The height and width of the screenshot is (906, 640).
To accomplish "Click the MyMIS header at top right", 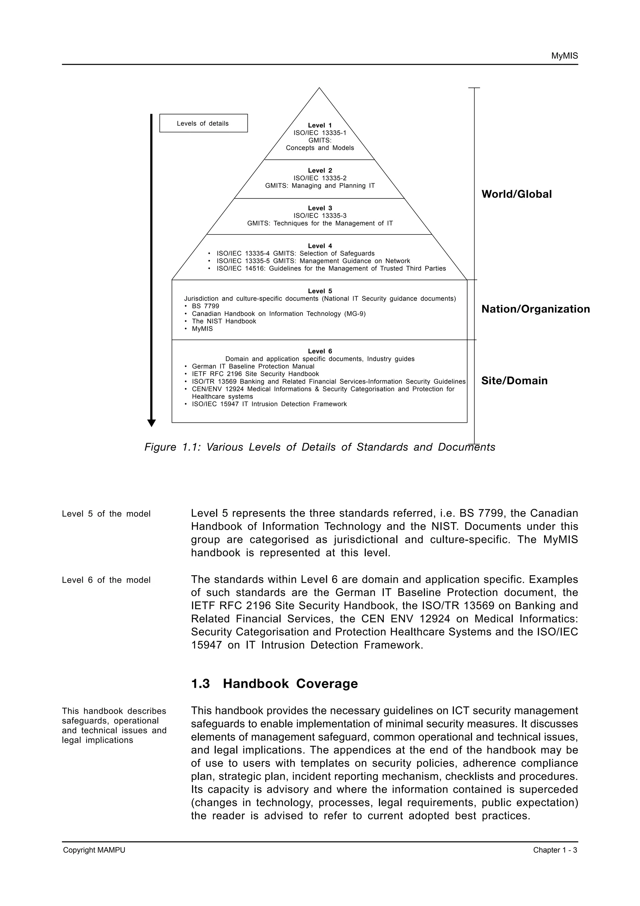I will click(564, 56).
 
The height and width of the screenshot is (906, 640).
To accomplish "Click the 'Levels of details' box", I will click(203, 123).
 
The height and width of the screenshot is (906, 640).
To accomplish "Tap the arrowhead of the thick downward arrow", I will click(152, 423).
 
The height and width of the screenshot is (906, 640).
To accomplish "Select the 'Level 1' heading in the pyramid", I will click(319, 125).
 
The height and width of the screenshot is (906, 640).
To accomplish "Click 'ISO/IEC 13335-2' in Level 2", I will click(319, 178).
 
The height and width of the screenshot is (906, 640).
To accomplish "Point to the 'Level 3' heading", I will click(319, 208).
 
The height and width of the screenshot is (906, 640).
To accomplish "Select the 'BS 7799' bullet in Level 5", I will click(205, 306).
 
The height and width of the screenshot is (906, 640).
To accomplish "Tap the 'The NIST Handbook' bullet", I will click(223, 321).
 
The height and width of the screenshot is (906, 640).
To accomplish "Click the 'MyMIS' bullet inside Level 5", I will click(202, 329).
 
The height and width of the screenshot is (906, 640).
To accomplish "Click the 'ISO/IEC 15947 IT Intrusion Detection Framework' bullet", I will click(269, 404).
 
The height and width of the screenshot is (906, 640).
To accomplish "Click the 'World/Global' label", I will click(516, 194).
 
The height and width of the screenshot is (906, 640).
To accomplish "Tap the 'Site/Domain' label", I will click(514, 381).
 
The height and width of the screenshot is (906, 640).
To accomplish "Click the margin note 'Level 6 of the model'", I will click(106, 580).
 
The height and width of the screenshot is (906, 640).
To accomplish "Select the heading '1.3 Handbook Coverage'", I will click(274, 684).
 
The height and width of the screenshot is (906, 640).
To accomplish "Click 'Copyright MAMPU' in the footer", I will click(94, 850).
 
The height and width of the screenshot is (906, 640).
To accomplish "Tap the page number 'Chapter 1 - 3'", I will click(555, 850).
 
